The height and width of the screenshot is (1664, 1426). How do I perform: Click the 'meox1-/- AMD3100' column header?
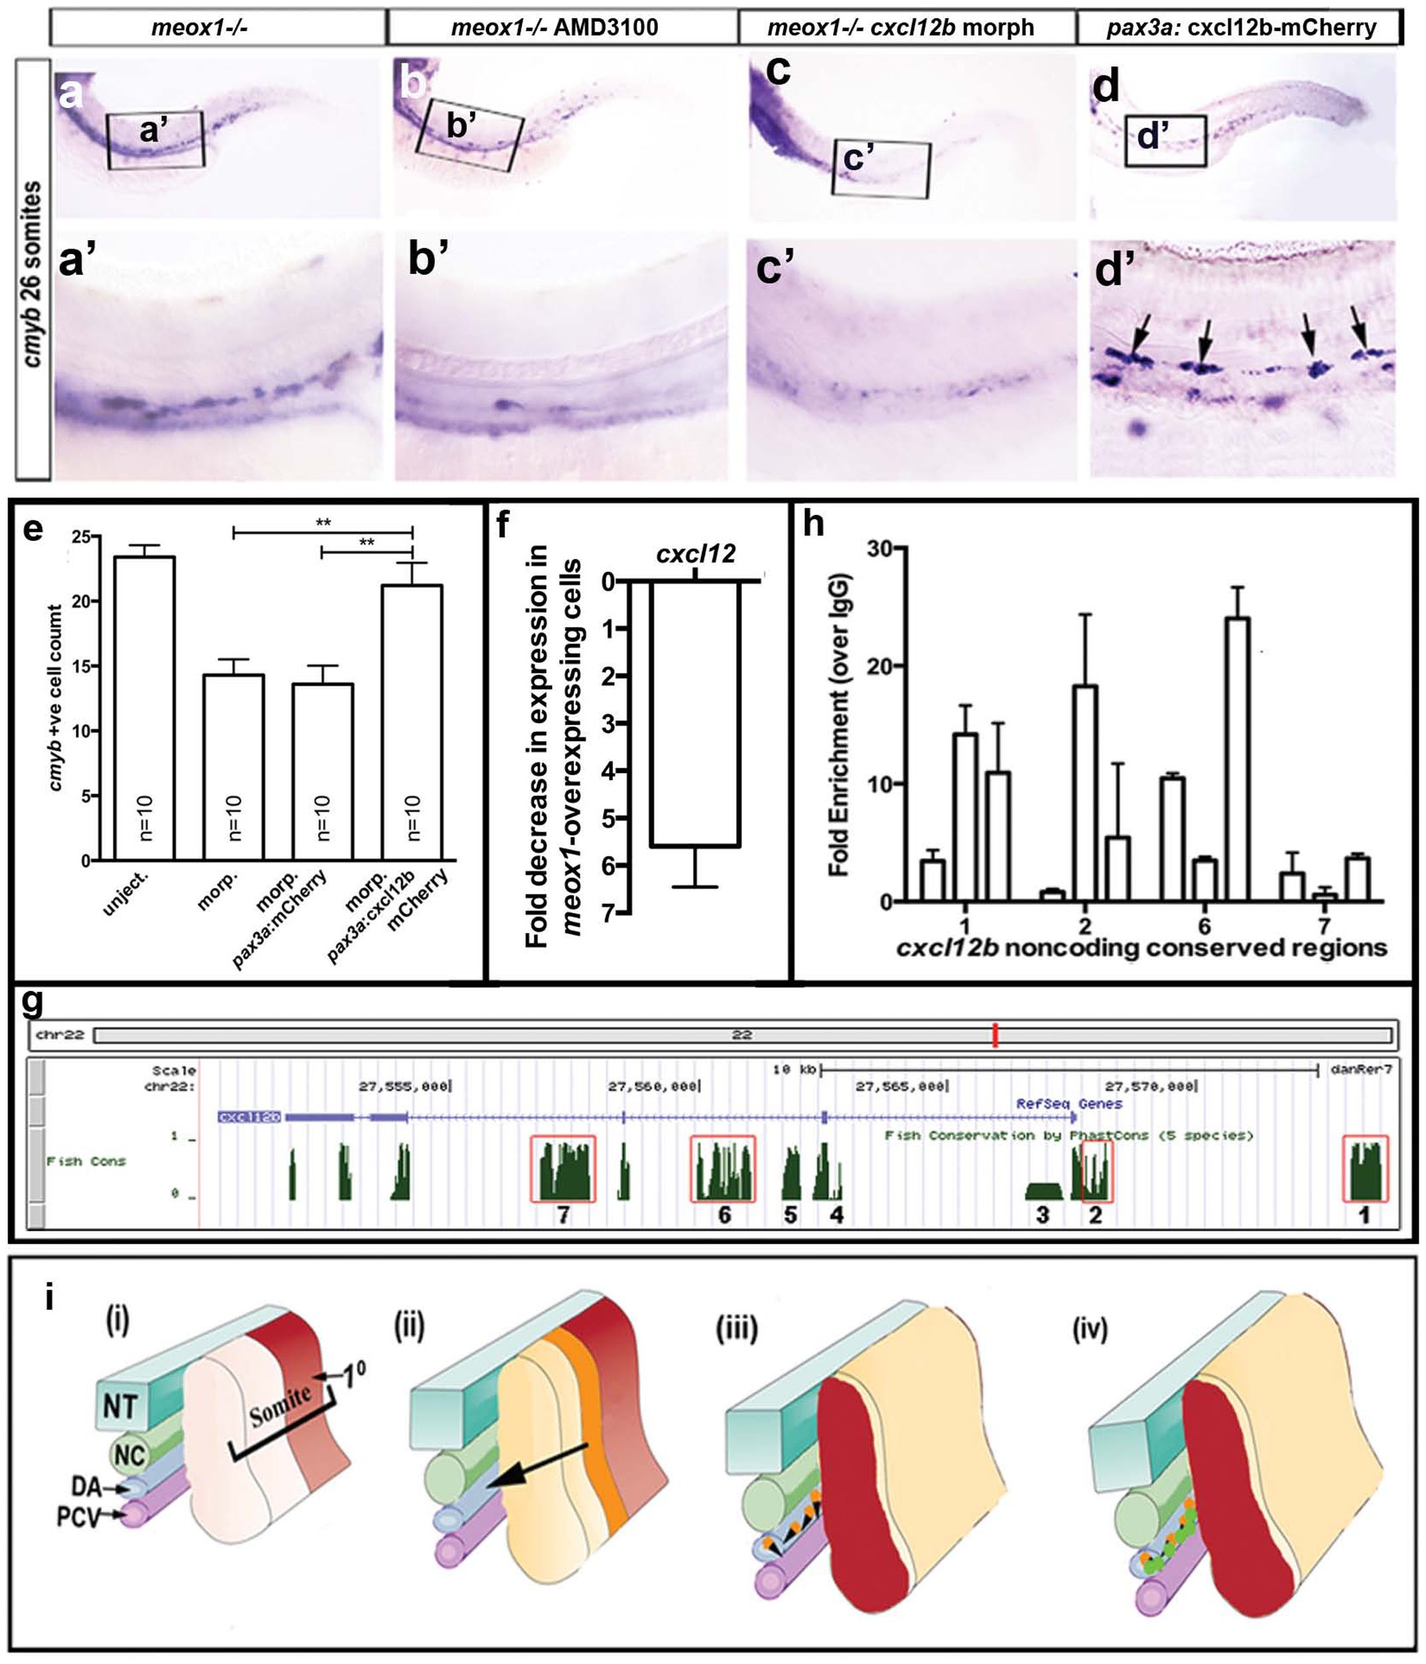pos(554,28)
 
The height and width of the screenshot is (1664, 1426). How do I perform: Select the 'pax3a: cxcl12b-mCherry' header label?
pos(1241,28)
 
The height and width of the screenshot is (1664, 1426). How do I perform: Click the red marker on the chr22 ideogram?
pos(995,1034)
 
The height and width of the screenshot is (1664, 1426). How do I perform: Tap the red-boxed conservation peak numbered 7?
pos(563,1169)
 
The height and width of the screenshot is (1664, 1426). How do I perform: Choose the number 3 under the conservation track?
pos(1042,1215)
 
